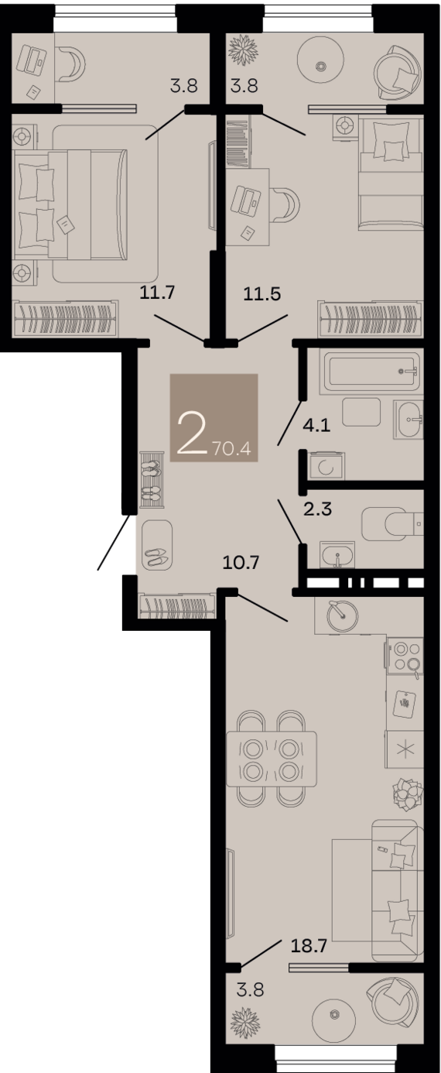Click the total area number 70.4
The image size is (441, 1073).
(232, 449)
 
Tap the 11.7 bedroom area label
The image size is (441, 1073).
(158, 291)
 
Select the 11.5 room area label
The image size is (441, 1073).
(262, 293)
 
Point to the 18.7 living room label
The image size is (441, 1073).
(309, 945)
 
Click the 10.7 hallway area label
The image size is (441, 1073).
(241, 562)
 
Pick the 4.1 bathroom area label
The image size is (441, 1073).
(317, 425)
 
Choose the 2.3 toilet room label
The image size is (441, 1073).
(317, 509)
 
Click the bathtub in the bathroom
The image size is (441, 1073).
(372, 372)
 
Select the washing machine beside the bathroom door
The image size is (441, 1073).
(326, 465)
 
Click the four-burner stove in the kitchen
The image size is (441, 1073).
(405, 656)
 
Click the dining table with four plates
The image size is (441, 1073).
(272, 759)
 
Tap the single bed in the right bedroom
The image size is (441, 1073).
(391, 173)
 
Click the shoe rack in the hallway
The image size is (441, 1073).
(152, 479)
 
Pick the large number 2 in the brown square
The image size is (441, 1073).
(191, 434)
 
